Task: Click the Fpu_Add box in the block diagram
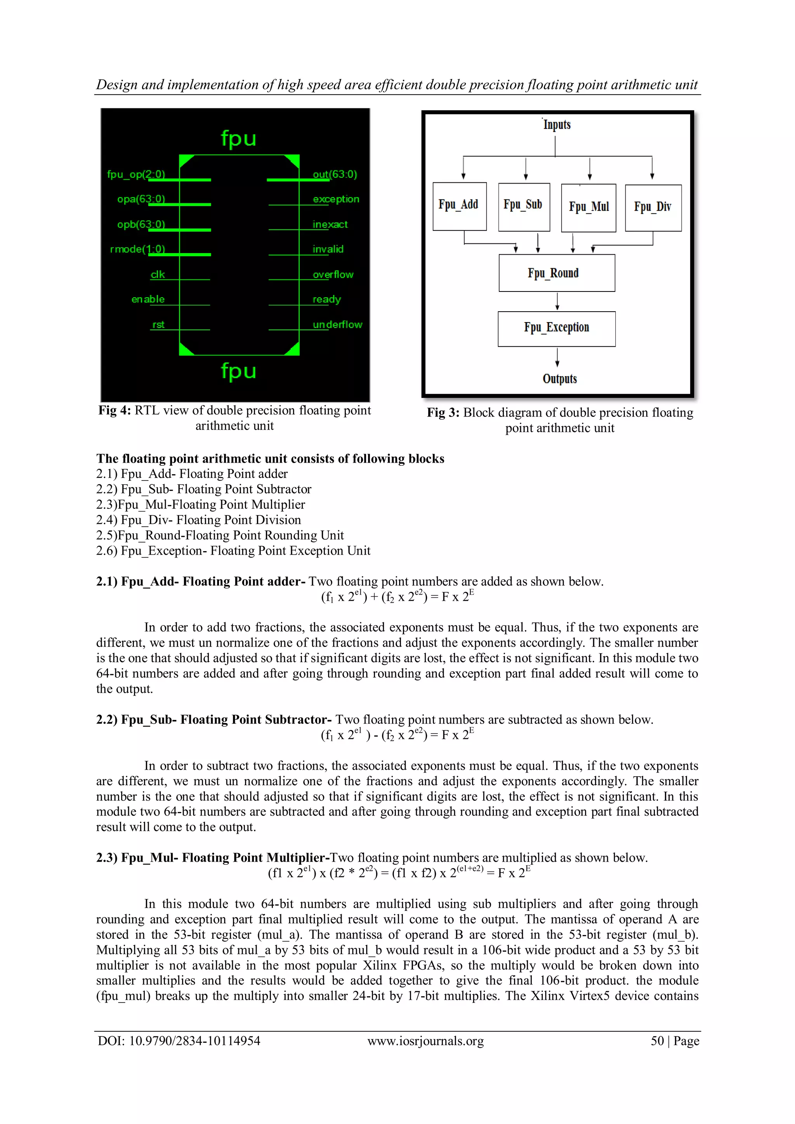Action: tap(459, 206)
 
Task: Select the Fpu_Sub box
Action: tap(523, 206)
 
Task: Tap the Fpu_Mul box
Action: tap(588, 208)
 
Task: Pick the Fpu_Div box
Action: tap(653, 208)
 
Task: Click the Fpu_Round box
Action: tap(557, 273)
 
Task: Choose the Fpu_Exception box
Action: tap(557, 328)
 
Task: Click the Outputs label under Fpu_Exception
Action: tap(559, 379)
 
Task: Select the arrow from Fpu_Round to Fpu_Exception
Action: tap(557, 302)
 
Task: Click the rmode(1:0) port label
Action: tap(137, 249)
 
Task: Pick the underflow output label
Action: tap(337, 324)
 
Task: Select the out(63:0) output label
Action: tap(335, 174)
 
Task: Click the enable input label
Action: tap(148, 299)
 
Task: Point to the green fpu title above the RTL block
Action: tap(238, 139)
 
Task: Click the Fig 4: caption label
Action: tap(115, 410)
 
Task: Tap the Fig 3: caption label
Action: tap(443, 413)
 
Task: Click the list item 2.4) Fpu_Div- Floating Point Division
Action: tap(198, 520)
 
